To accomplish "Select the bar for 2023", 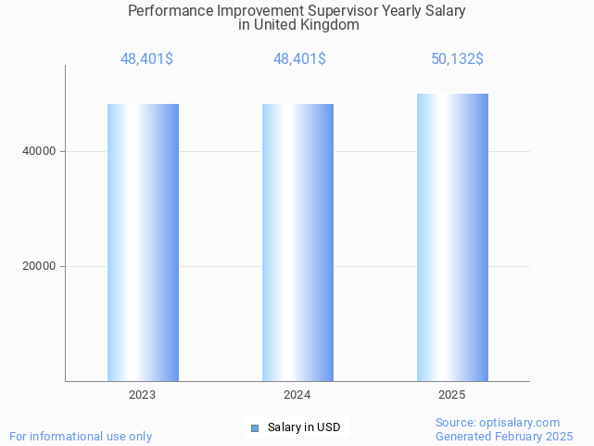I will (x=143, y=242).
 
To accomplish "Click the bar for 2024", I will (x=297, y=242).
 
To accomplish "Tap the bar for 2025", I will (x=452, y=237).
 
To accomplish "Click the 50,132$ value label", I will (x=457, y=59).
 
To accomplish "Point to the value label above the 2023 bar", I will (x=146, y=59).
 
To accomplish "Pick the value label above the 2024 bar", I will (x=299, y=59).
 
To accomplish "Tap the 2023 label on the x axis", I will (x=143, y=395).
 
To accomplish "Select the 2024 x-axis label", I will (x=297, y=395).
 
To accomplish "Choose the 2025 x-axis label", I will (x=452, y=395).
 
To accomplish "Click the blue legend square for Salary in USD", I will (x=255, y=427).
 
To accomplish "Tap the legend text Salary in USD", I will (x=304, y=427).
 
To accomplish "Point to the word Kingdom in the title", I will (x=329, y=25).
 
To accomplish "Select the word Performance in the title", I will (x=168, y=11).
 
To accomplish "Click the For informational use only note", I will (x=81, y=436).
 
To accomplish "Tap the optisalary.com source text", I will (x=498, y=422).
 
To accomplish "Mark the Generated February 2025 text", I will (x=504, y=436).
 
